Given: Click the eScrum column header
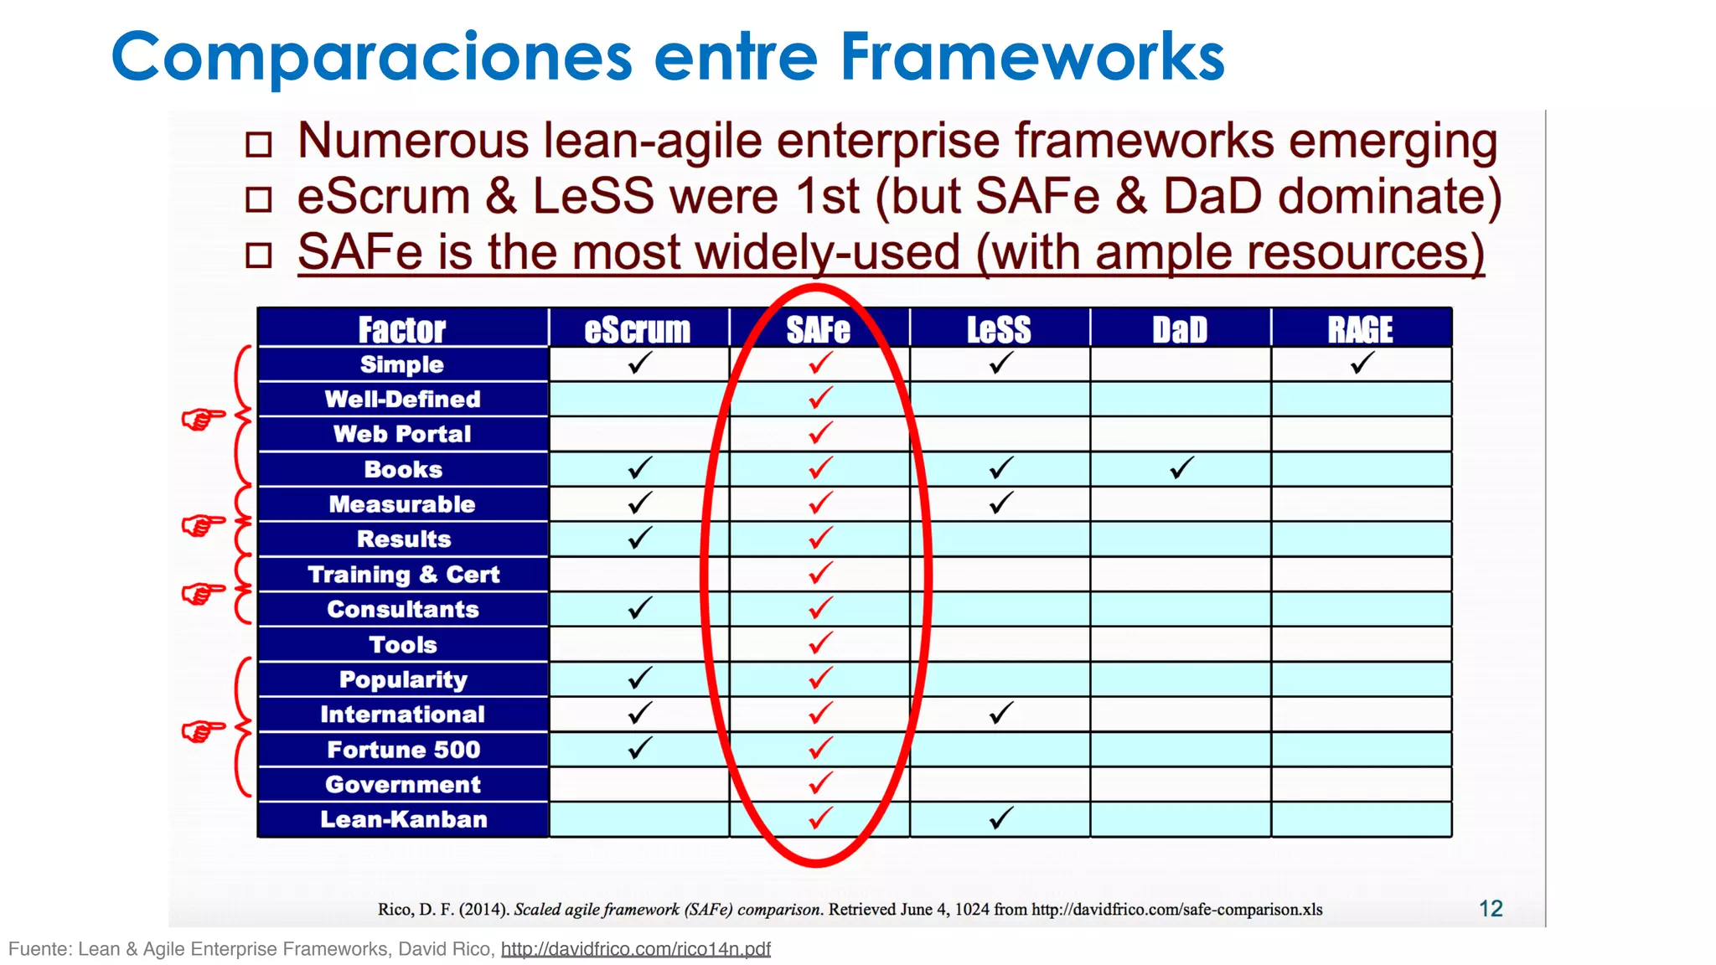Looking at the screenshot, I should [x=638, y=329].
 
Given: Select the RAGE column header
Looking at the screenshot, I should [x=1361, y=329].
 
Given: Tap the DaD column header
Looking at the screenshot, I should [x=1180, y=329].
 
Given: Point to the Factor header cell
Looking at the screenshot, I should [x=402, y=329].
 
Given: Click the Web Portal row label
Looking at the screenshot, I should [x=402, y=434].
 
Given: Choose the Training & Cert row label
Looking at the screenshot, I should [x=403, y=575].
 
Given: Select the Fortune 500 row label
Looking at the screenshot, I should [x=403, y=750].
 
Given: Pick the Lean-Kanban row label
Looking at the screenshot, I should [x=403, y=819].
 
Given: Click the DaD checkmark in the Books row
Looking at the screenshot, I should [x=1181, y=467].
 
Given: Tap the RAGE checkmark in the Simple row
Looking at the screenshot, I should [x=1362, y=363].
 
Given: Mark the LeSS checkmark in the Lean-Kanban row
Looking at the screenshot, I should [x=1000, y=818].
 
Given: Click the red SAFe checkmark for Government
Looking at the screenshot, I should [x=820, y=782].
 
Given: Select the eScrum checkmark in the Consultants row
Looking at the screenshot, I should [x=639, y=607].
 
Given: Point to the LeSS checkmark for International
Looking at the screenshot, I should [x=1000, y=713].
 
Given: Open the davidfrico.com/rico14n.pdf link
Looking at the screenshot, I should [x=635, y=949].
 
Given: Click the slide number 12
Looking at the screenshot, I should [x=1491, y=909].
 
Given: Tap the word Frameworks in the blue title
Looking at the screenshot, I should [x=1032, y=57].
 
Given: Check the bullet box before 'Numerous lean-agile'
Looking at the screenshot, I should [x=259, y=144].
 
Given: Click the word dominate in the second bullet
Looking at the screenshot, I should [x=1380, y=196].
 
